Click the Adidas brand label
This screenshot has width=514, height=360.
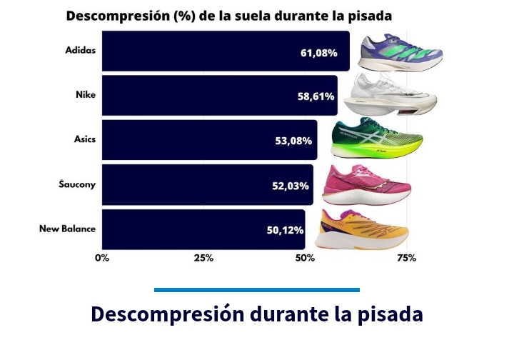point(79,50)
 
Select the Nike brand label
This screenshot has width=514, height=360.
point(86,94)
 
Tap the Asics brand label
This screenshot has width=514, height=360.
point(84,139)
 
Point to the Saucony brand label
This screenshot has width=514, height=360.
point(77,184)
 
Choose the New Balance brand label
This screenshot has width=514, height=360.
point(67,229)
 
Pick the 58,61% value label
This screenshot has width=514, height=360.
point(314,96)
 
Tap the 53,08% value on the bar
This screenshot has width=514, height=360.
point(293,141)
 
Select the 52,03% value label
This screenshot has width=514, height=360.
point(290,186)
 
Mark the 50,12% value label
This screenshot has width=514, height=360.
point(285,230)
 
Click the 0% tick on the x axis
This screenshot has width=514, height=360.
point(101,258)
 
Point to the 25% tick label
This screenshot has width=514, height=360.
point(203,258)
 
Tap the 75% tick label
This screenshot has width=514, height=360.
point(406,258)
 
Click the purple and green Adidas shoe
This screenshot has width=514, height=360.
point(402,53)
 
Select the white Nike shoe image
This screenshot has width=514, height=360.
point(389,94)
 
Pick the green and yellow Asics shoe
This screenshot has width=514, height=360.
point(377,138)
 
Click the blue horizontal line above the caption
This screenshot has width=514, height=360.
point(257,289)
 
